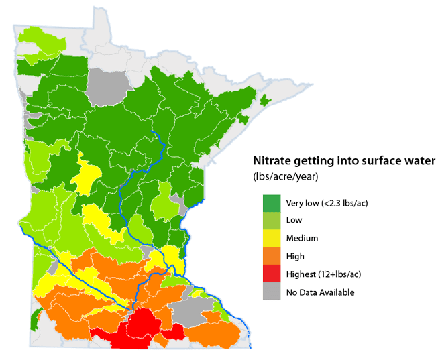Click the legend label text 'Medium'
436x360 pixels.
tap(302, 238)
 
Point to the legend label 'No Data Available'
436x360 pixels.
tap(320, 292)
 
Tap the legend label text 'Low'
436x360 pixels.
tap(294, 220)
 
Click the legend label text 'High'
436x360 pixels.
tap(295, 256)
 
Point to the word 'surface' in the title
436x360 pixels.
tap(371, 161)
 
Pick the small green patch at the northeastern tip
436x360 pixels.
tap(264, 101)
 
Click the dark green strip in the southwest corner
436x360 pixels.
tap(34, 322)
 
